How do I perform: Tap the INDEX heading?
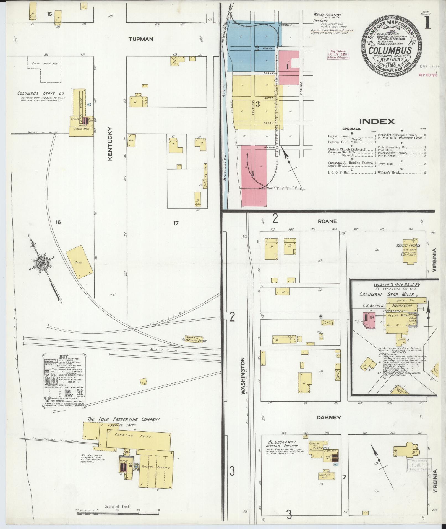(377, 121)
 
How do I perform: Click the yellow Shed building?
(79, 262)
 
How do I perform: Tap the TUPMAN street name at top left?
(141, 39)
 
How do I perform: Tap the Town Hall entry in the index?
(386, 164)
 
